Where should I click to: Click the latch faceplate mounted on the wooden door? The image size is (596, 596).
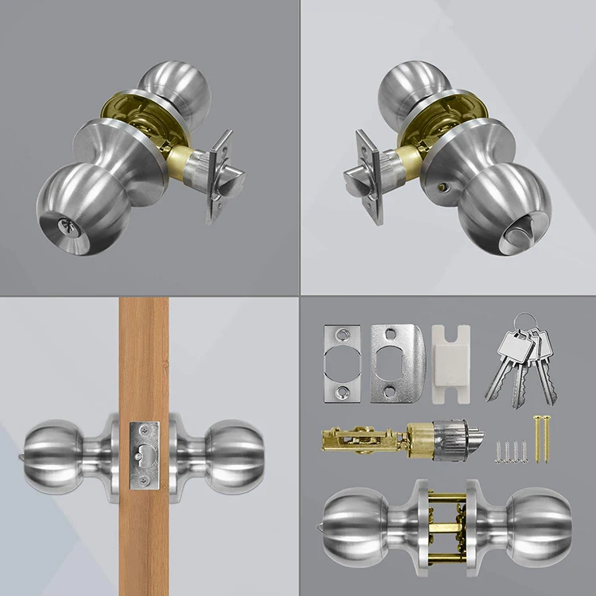pyautogui.click(x=145, y=455)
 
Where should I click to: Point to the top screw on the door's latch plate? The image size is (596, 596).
pyautogui.click(x=145, y=430)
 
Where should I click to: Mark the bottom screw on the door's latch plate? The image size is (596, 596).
pyautogui.click(x=145, y=481)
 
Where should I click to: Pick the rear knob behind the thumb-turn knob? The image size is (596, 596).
pyautogui.click(x=410, y=91)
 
